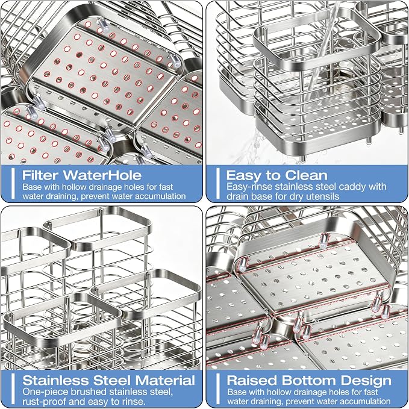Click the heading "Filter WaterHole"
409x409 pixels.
point(82,175)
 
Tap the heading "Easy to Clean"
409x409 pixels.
point(276,175)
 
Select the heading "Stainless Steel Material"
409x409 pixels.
point(109,380)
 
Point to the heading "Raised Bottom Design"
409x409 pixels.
point(309,381)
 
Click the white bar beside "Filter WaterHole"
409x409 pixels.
point(13,183)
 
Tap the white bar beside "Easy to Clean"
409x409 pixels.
point(218,183)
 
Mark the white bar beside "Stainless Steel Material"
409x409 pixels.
point(13,389)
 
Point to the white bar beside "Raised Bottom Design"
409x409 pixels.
point(218,389)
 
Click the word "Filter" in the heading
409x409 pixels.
point(41,175)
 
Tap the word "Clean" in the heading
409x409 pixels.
point(306,175)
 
